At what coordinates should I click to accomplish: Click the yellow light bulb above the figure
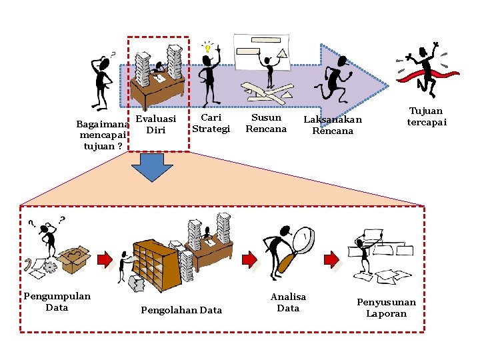pyautogui.click(x=208, y=47)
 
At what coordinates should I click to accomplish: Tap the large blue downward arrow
pyautogui.click(x=152, y=167)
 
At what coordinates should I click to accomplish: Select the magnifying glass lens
pyautogui.click(x=304, y=240)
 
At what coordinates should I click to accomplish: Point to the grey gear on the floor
pyautogui.click(x=49, y=267)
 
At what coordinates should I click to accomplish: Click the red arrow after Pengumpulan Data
pyautogui.click(x=105, y=260)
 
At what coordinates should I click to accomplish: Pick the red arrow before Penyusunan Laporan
pyautogui.click(x=331, y=259)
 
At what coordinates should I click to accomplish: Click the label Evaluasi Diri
pyautogui.click(x=156, y=124)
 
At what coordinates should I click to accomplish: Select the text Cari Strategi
pyautogui.click(x=211, y=123)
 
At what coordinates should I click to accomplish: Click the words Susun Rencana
pyautogui.click(x=266, y=123)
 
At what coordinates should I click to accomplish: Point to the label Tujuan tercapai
pyautogui.click(x=427, y=116)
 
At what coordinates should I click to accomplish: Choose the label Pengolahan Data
pyautogui.click(x=181, y=310)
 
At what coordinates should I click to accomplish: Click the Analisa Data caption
pyautogui.click(x=288, y=303)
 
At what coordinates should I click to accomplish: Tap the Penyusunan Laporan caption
pyautogui.click(x=386, y=307)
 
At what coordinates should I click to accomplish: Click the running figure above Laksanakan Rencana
pyautogui.click(x=334, y=79)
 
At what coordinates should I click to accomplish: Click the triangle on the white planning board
pyautogui.click(x=283, y=53)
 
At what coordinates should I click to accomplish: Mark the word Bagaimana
pyautogui.click(x=103, y=124)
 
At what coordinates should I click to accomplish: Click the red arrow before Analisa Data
pyautogui.click(x=249, y=260)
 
